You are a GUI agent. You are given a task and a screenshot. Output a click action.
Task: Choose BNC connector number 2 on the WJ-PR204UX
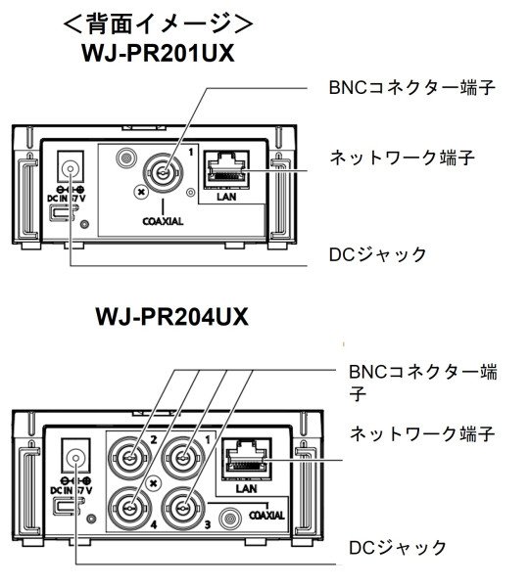pyautogui.click(x=128, y=457)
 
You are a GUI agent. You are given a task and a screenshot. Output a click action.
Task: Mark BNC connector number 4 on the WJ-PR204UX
pyautogui.click(x=128, y=508)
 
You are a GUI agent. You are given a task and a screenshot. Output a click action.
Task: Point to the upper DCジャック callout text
pyautogui.click(x=377, y=255)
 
